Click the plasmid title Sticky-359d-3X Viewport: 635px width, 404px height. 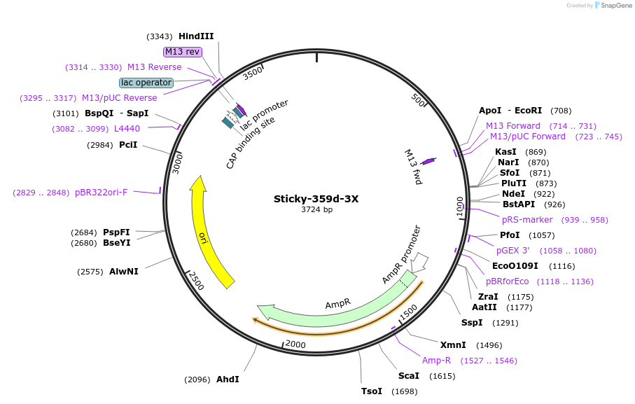coord(316,198)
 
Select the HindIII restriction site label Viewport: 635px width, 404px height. coord(196,36)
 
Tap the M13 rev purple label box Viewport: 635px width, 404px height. coord(183,52)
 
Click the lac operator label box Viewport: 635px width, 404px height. coord(146,83)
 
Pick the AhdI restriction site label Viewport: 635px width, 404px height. coord(228,379)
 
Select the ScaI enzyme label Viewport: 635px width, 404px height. coord(408,376)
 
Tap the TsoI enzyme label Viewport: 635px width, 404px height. coord(372,391)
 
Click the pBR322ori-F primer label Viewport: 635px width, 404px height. coord(102,193)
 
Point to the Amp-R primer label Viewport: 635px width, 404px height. coord(436,361)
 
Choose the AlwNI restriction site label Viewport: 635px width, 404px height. coord(124,272)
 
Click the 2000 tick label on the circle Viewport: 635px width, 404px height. coord(295,344)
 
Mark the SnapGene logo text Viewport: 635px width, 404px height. coord(613,6)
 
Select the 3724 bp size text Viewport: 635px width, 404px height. coord(316,209)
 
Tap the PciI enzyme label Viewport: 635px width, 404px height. coord(128,145)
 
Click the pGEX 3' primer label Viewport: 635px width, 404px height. coord(513,250)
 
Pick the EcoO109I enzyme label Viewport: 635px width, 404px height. coord(515,266)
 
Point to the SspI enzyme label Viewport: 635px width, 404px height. coord(472,323)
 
